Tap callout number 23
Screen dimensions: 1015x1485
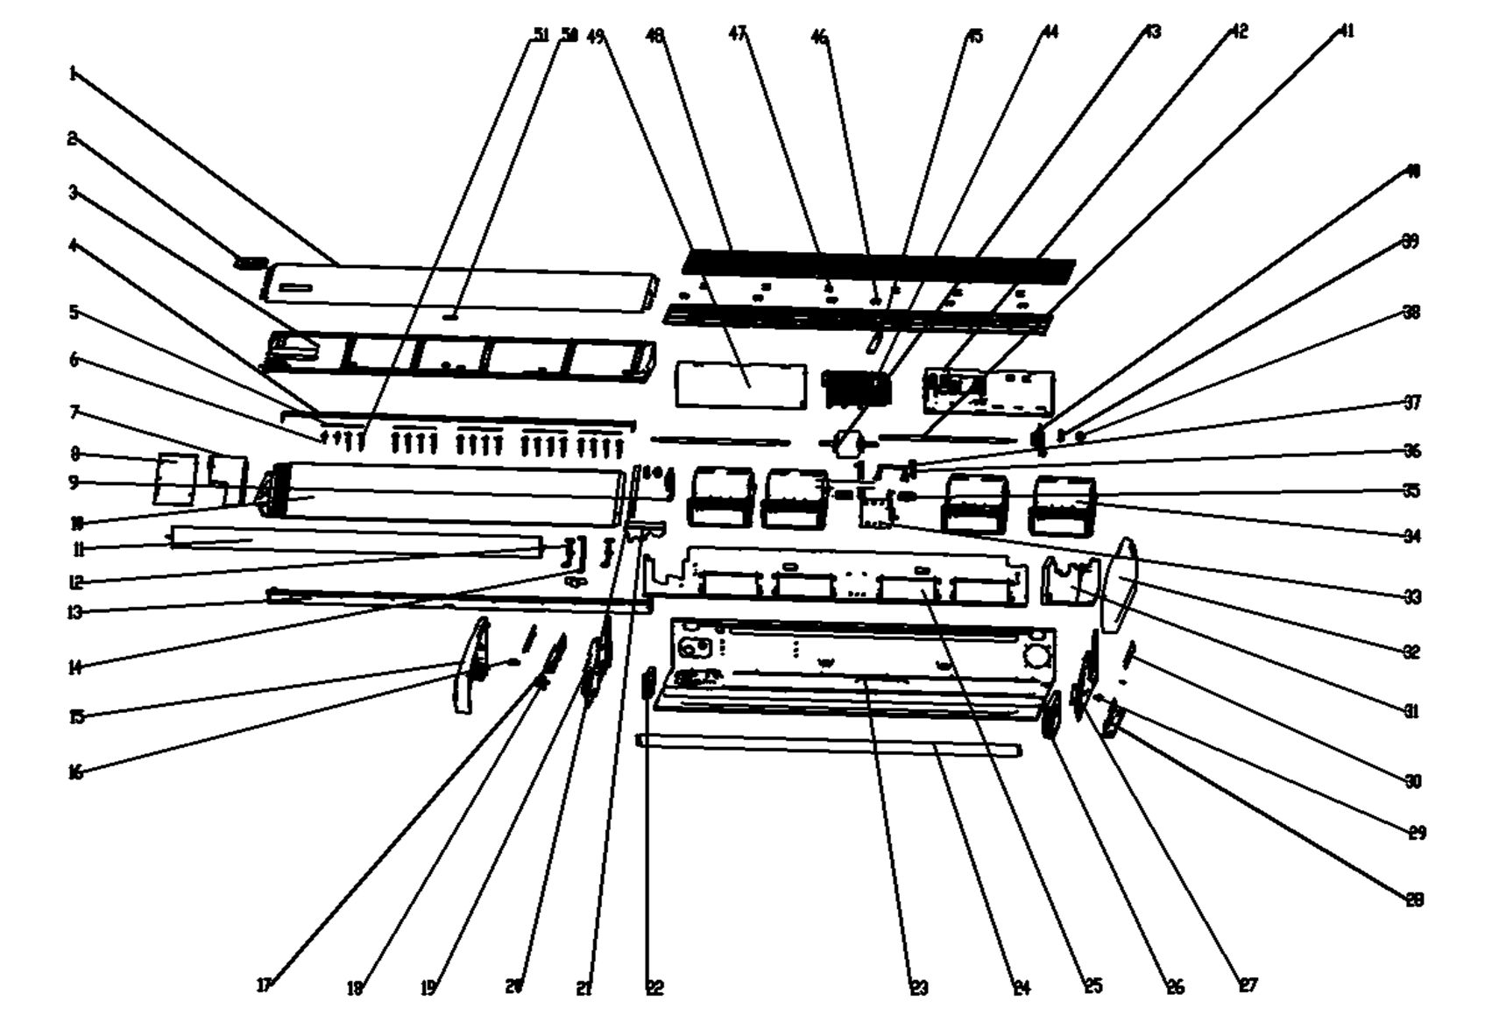pos(918,989)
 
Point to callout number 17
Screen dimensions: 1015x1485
pos(264,985)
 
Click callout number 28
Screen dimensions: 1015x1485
pos(1414,899)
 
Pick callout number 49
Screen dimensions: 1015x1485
pos(596,37)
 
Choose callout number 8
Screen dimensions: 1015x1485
pos(75,454)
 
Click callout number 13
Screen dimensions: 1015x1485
pos(75,612)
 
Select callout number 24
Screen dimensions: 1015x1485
pos(1021,989)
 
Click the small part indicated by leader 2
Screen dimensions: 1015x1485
pos(251,262)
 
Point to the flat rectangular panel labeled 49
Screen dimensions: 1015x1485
pos(740,385)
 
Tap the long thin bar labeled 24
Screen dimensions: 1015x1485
pos(828,746)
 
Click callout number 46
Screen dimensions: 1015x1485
pos(819,37)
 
